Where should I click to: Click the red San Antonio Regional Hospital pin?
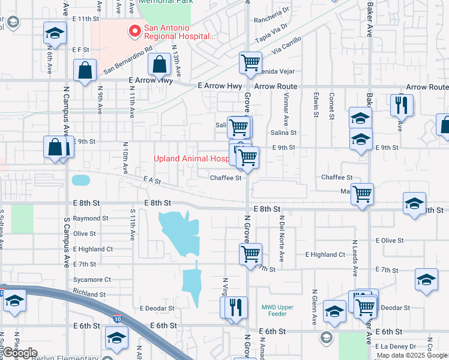point(135,30)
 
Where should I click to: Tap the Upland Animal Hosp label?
point(191,159)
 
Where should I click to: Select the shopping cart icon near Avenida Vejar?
point(250,62)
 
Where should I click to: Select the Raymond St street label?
point(91,219)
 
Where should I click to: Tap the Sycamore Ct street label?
point(92,280)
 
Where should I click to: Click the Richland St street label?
point(89,295)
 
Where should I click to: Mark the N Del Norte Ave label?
point(282,238)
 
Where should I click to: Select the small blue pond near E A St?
point(80,179)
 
